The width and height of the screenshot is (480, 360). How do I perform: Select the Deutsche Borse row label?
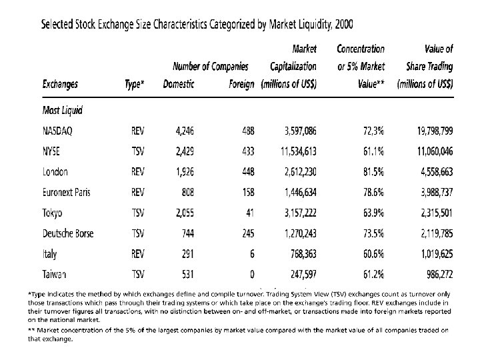67,233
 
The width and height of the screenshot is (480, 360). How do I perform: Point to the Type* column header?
134,84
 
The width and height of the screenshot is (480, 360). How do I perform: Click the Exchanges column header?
59,84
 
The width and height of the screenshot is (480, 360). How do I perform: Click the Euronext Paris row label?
67,193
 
